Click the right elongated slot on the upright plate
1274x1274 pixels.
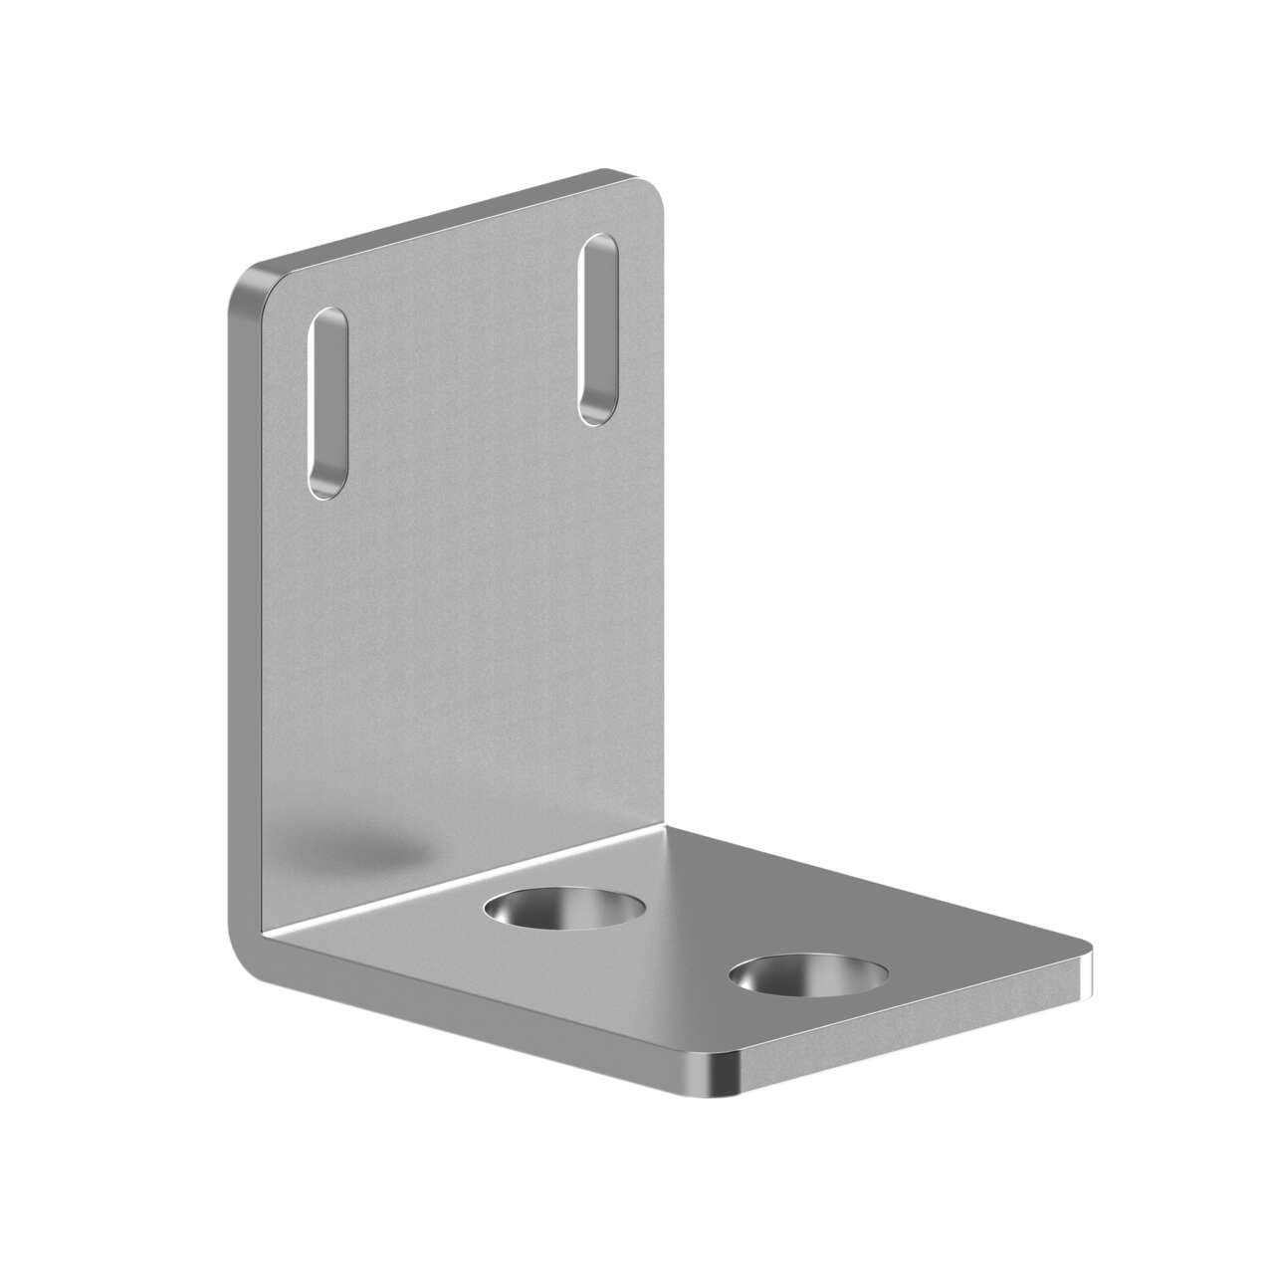pos(599,329)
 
